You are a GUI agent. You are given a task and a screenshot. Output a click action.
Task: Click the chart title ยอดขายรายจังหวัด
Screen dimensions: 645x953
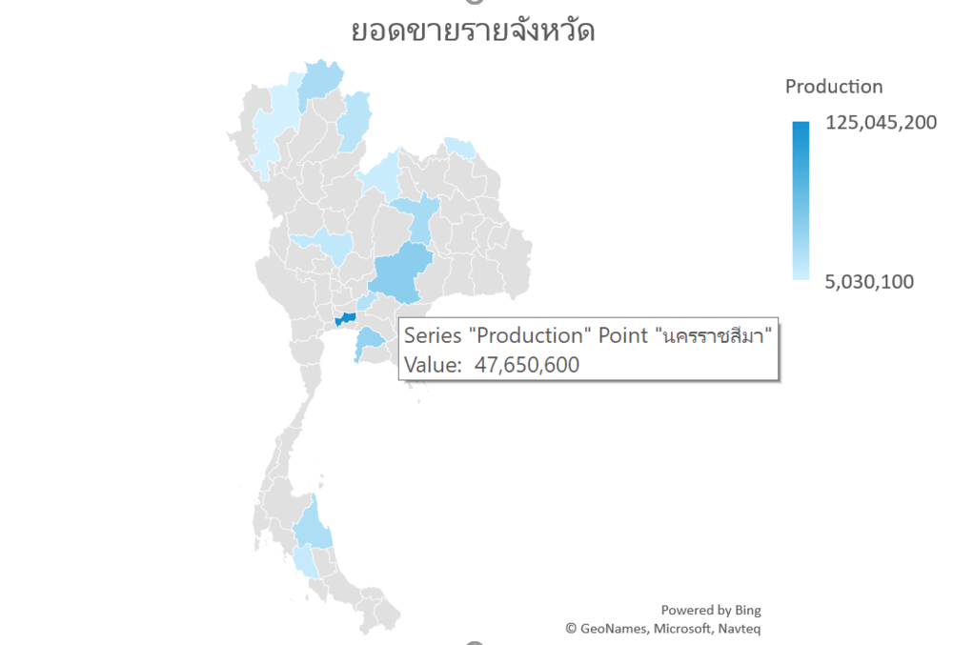tap(473, 30)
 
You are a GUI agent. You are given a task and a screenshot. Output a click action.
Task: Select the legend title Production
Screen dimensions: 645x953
tap(833, 87)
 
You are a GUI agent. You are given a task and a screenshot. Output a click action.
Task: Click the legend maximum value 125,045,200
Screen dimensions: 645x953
tap(882, 123)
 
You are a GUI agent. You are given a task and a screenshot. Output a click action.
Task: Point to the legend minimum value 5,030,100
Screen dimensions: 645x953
tap(870, 281)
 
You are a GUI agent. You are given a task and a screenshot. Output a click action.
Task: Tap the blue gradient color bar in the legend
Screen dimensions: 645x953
tap(801, 200)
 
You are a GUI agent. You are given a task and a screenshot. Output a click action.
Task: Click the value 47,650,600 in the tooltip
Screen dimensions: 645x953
tap(527, 365)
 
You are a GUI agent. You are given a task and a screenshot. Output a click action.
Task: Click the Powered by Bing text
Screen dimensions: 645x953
tap(711, 610)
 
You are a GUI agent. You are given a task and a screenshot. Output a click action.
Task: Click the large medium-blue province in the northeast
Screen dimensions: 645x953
tap(399, 272)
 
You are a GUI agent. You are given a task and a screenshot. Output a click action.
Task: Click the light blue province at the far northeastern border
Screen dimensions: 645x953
tap(459, 148)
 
